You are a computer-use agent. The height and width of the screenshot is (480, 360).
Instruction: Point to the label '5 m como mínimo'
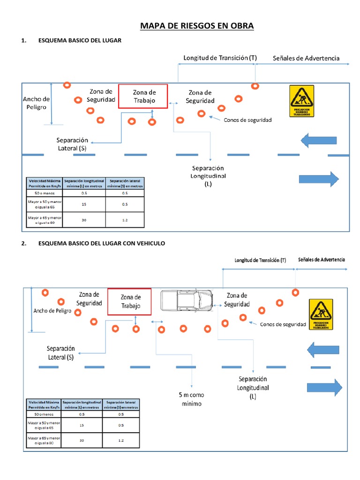pos(191,399)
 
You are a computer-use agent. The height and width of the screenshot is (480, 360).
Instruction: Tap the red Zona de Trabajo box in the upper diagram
pos(142,97)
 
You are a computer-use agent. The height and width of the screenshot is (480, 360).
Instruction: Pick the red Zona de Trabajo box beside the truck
pos(130,302)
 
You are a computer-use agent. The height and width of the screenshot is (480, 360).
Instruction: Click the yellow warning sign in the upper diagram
pos(301,101)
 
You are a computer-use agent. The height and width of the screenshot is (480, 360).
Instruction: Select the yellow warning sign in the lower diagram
pos(321,314)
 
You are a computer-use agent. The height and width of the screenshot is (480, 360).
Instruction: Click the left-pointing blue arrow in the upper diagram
pos(318,140)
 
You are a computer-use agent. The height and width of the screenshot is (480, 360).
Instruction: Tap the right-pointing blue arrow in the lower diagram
pos(324,386)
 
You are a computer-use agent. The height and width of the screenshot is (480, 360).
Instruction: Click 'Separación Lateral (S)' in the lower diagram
pos(61,352)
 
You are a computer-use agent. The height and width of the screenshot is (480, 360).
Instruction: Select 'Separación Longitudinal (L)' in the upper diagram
pos(208,176)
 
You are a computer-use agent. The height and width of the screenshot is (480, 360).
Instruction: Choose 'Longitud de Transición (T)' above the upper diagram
pos(220,58)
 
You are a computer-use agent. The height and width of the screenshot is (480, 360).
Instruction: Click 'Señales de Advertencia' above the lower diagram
pos(322,260)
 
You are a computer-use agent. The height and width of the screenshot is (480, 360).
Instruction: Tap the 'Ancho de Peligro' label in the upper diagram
pos(36,103)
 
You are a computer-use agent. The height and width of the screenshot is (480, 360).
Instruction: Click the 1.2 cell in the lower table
pos(121,440)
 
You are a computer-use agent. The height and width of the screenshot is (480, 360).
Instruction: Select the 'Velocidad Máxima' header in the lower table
pos(43,405)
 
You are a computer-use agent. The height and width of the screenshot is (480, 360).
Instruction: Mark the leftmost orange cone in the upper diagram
pos(67,85)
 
